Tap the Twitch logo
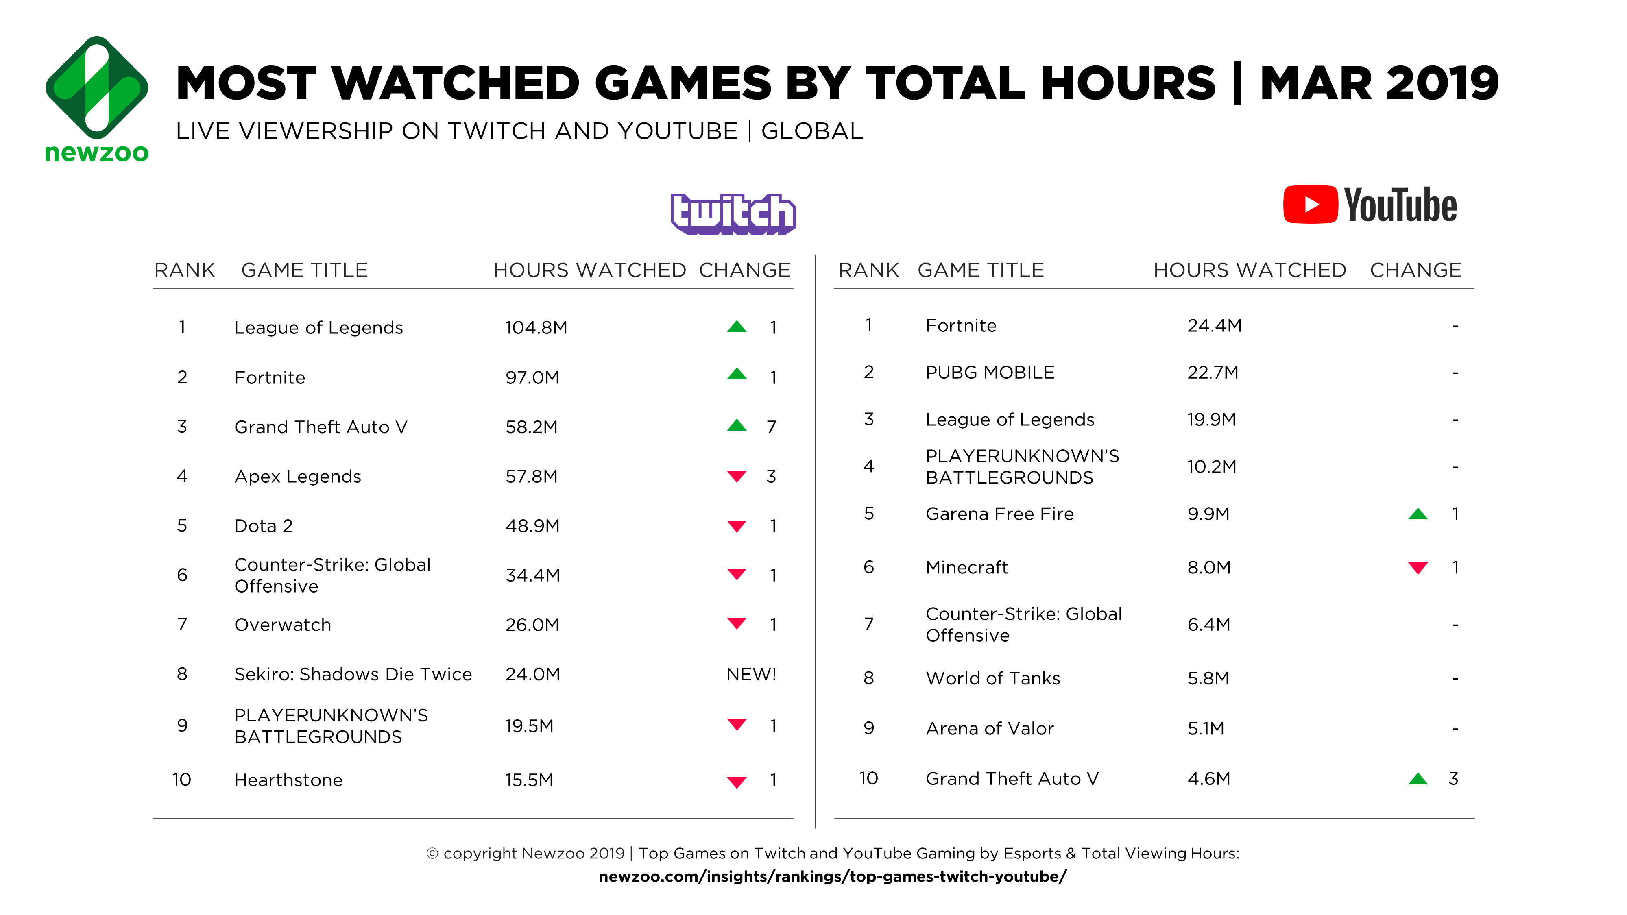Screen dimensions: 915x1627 (733, 213)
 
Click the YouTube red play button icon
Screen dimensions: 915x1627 (1310, 205)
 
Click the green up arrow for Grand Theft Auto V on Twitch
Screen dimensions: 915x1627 (737, 426)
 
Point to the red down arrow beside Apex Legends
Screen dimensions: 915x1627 (737, 476)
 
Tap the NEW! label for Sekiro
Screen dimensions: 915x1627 (751, 674)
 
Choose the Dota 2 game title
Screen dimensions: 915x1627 (264, 526)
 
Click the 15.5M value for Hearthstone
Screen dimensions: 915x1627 (529, 780)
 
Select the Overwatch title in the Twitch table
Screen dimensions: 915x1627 (282, 625)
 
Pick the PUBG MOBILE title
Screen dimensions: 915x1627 (990, 373)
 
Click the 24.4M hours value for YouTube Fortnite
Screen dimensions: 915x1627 (1214, 326)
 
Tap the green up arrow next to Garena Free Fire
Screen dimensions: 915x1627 (1418, 514)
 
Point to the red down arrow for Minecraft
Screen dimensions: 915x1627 (1418, 568)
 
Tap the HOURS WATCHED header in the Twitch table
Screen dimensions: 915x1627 (589, 270)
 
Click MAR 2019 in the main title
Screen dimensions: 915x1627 (1379, 83)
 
